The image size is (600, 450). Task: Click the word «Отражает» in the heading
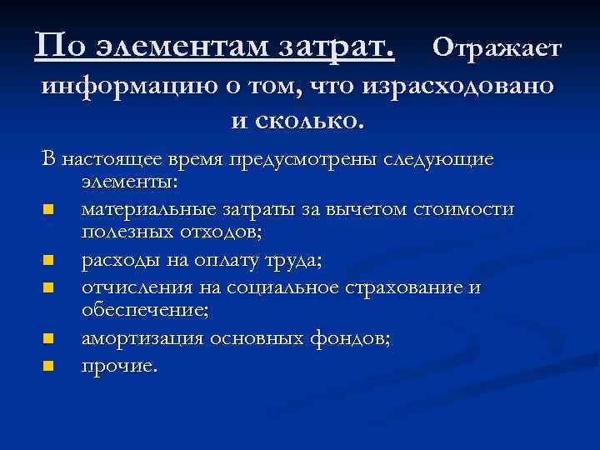(x=498, y=47)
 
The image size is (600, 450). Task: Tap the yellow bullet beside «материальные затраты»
(x=48, y=209)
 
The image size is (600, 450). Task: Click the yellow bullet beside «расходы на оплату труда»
(x=48, y=261)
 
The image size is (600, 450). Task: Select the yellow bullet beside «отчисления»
(x=48, y=287)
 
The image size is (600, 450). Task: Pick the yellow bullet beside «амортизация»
(x=48, y=339)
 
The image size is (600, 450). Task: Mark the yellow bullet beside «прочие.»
(x=48, y=365)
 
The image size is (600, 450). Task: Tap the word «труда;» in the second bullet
(x=293, y=261)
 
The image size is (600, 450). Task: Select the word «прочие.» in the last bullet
(x=118, y=365)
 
